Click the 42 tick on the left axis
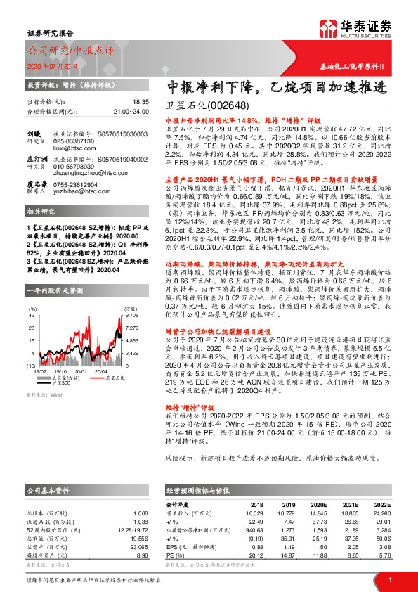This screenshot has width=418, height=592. (32, 316)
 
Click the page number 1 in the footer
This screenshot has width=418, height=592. (389, 579)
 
